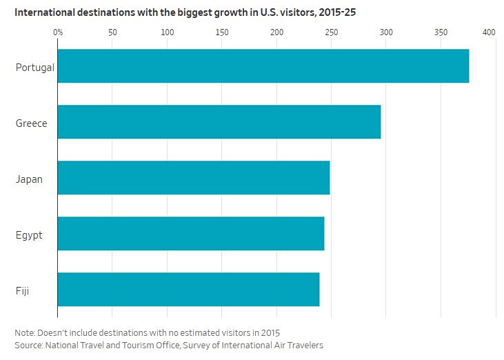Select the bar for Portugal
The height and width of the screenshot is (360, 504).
coord(263,66)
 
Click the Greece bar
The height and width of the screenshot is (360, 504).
coord(219,122)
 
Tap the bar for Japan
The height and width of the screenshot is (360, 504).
coord(194,178)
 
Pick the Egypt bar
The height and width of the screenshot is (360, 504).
coord(191,234)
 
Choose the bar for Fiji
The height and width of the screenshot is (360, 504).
coord(189,290)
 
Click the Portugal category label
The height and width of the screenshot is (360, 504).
coord(35,68)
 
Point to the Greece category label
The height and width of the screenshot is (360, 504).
coord(32,123)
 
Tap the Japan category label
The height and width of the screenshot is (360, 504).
coord(29,179)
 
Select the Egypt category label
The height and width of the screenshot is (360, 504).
coord(29,235)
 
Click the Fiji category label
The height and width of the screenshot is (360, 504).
coord(22,291)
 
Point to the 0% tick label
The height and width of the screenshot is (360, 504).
coord(58,32)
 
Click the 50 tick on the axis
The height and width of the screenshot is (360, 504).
coord(112,32)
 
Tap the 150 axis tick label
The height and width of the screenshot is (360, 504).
coord(222,32)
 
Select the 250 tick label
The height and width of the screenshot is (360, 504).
coord(332,32)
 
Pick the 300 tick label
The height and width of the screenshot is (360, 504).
coord(386,32)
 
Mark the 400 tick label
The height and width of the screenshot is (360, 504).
coord(489,32)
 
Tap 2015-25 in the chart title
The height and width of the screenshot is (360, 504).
coord(338,12)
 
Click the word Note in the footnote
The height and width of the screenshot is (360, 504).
coord(24,332)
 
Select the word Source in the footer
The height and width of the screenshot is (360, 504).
coord(28,346)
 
